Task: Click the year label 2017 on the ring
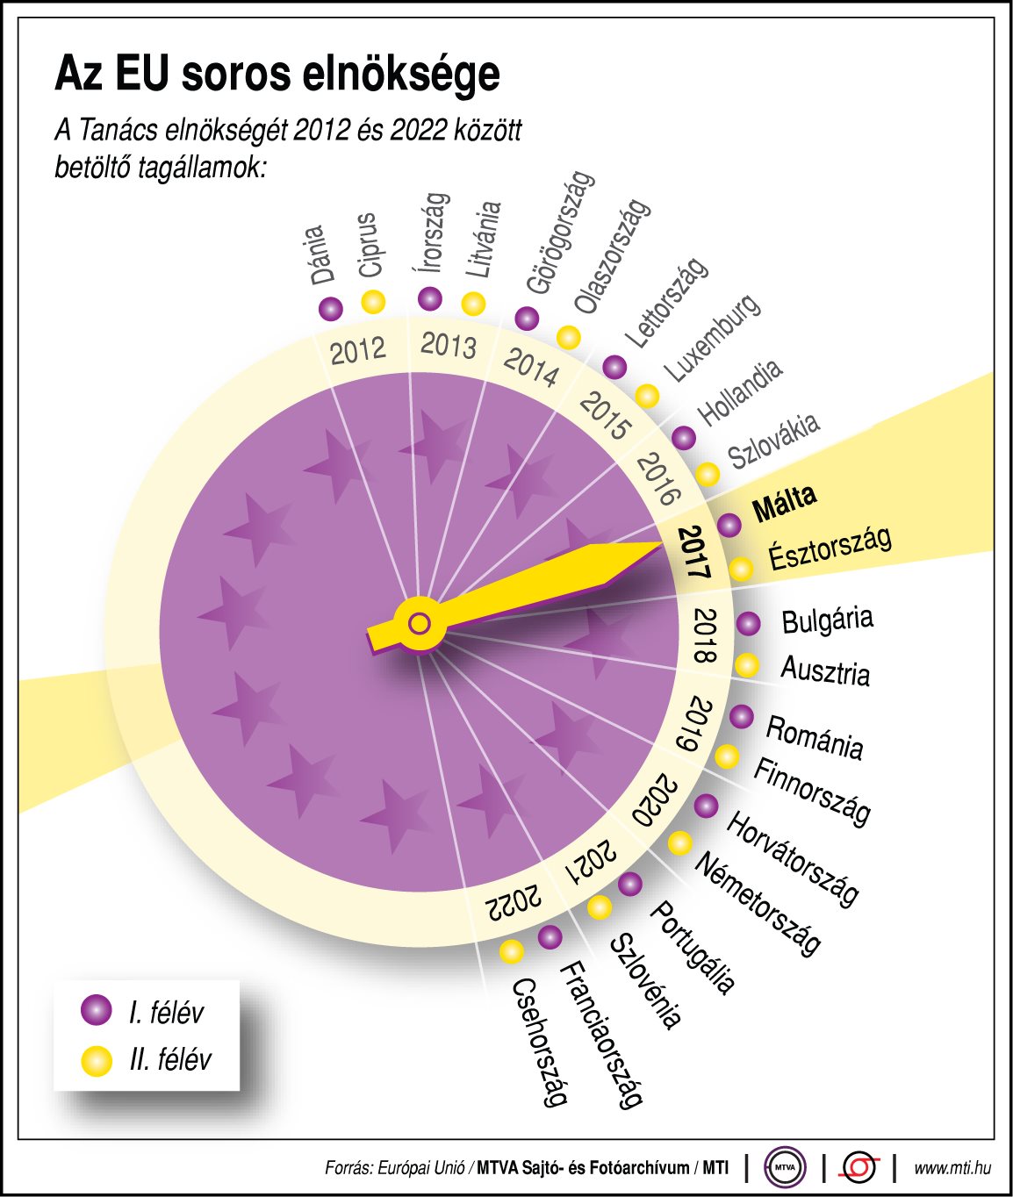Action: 693,553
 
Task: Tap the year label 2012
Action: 357,350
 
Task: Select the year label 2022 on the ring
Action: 514,903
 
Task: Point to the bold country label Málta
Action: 784,503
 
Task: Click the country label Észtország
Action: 830,548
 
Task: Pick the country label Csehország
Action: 538,1042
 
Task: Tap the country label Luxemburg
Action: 712,338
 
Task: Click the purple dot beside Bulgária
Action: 748,623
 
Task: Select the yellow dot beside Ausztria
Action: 746,664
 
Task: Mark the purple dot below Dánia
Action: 331,309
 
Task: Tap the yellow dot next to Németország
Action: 679,842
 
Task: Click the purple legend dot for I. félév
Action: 96,1010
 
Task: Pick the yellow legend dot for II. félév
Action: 96,1060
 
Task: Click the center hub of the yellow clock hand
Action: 420,624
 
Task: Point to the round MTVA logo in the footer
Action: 784,1167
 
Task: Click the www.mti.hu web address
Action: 952,1168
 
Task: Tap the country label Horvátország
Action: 792,858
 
